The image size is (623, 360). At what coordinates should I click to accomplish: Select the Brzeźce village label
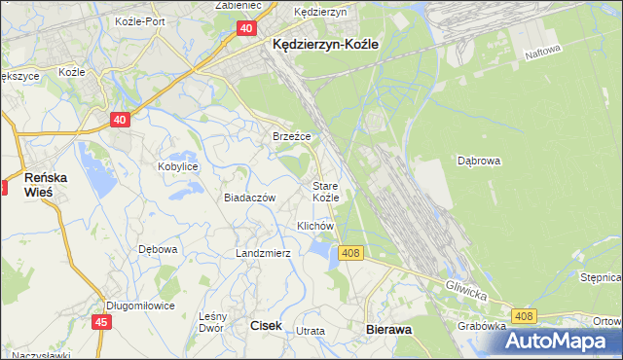point(291,136)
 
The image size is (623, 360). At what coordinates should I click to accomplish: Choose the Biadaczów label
point(250,197)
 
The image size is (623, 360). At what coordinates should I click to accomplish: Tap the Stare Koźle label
point(325,191)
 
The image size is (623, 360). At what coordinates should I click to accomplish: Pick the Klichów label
point(315,226)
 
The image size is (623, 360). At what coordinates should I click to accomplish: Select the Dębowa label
point(158,249)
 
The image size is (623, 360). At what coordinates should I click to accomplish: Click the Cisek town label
point(267,327)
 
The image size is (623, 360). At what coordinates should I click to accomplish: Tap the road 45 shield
point(101,320)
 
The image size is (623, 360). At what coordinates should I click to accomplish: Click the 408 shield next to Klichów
point(351,253)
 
